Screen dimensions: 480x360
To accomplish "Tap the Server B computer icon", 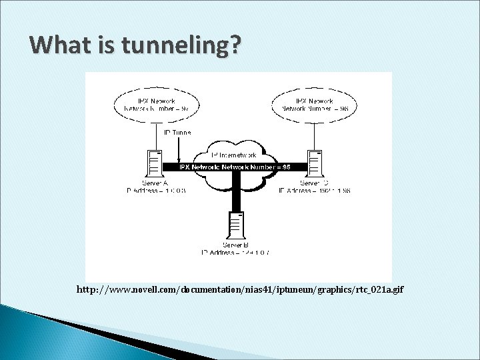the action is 235,227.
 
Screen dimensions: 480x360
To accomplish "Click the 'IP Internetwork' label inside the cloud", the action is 234,155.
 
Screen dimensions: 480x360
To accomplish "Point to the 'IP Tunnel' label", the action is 177,133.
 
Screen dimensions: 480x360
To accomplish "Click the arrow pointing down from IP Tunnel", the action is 178,149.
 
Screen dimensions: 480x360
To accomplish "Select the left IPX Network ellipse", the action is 154,104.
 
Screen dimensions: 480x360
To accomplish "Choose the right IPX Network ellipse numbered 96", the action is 315,104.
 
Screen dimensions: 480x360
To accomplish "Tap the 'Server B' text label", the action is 235,245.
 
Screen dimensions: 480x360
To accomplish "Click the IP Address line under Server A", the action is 156,190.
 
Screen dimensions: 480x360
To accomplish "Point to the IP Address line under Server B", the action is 235,253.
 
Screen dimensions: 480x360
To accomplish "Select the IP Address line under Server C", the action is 314,190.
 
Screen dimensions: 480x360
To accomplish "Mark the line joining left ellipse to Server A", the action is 154,137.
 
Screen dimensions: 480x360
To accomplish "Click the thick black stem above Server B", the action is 235,197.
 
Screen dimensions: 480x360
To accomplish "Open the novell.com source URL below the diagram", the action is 240,290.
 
